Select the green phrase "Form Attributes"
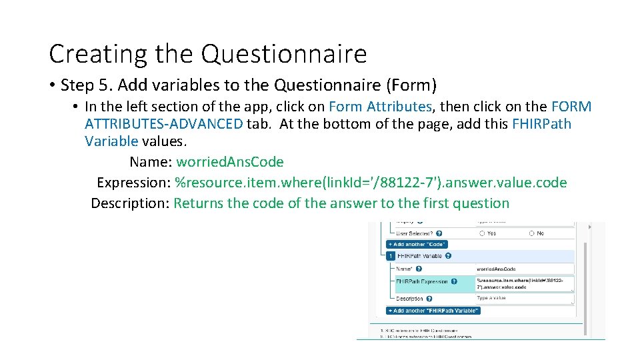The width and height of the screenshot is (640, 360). (x=380, y=106)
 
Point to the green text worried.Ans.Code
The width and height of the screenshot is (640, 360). (x=230, y=162)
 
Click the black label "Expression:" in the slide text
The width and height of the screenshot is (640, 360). (x=133, y=183)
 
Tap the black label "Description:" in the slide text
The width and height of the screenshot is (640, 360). (x=131, y=203)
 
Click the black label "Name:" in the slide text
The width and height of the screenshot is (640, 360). (x=151, y=162)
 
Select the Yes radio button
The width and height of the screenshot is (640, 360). (x=482, y=233)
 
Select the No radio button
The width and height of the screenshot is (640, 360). (x=532, y=233)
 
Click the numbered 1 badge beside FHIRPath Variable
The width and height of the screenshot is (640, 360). (x=390, y=255)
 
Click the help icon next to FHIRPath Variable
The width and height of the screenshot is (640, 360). (x=448, y=255)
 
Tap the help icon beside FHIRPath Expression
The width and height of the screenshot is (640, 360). (x=455, y=281)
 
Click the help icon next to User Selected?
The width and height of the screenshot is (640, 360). (x=439, y=233)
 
